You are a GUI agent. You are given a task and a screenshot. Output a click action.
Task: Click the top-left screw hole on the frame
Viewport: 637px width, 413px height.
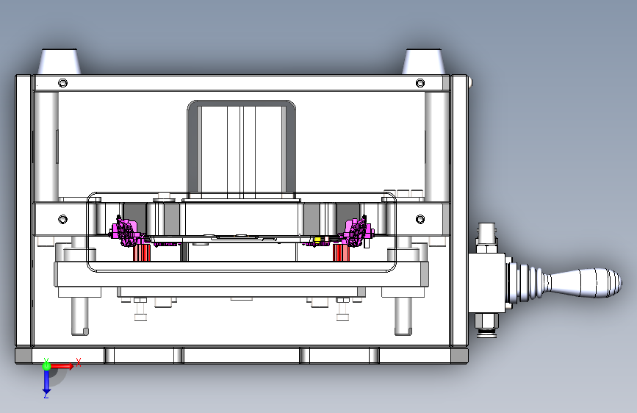pos(62,83)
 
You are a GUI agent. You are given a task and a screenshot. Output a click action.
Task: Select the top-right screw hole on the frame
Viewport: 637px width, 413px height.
pos(420,83)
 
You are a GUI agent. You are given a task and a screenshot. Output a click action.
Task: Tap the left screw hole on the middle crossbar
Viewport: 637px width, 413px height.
pos(62,219)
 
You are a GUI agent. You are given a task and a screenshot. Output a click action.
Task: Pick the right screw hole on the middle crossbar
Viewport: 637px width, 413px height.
pos(420,219)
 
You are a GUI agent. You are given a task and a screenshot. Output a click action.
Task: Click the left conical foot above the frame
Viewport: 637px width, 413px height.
pos(60,62)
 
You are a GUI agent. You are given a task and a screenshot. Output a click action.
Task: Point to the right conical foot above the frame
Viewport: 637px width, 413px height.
pos(424,62)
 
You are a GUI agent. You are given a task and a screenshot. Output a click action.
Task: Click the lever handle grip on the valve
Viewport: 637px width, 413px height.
pos(585,282)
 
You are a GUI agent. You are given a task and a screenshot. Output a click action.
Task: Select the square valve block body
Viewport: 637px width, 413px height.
pos(486,282)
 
